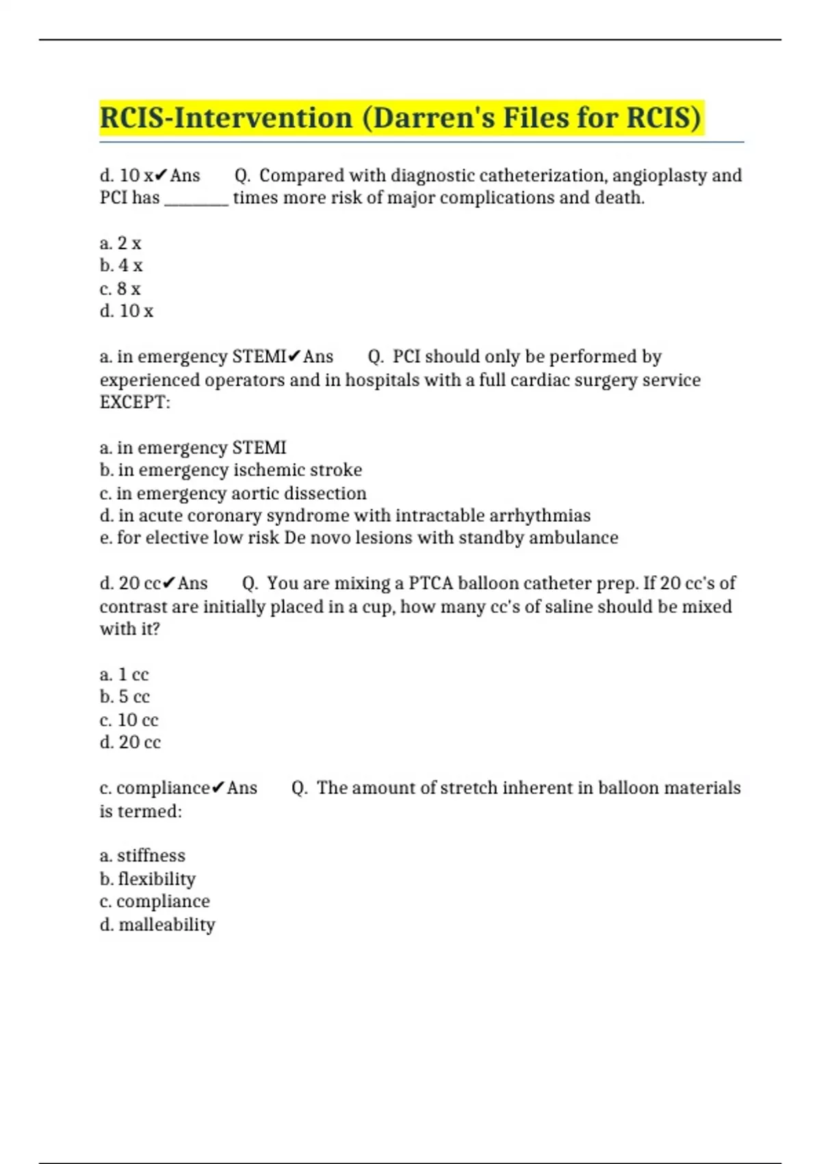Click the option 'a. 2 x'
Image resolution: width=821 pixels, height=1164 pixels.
click(x=120, y=243)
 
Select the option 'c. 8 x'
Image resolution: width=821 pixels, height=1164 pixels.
click(x=120, y=289)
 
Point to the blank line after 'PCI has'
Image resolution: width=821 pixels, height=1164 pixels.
click(x=196, y=199)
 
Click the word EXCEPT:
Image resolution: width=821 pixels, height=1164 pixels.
click(x=135, y=402)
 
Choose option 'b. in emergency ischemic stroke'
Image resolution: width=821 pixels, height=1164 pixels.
click(x=231, y=470)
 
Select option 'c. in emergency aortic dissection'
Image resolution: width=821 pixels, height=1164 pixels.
click(x=233, y=493)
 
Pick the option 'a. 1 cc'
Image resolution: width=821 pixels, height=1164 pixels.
click(x=124, y=674)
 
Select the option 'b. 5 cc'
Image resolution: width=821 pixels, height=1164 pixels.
click(x=125, y=697)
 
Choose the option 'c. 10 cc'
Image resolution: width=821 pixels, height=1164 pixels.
click(x=129, y=720)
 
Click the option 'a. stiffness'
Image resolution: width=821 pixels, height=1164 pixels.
click(x=142, y=855)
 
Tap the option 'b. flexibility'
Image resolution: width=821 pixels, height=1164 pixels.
click(x=147, y=878)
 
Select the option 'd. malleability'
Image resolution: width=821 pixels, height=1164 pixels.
click(x=157, y=924)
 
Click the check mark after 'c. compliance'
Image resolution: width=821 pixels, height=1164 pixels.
click(x=218, y=788)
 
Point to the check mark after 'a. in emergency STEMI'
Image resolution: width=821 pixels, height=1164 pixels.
click(x=294, y=357)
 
